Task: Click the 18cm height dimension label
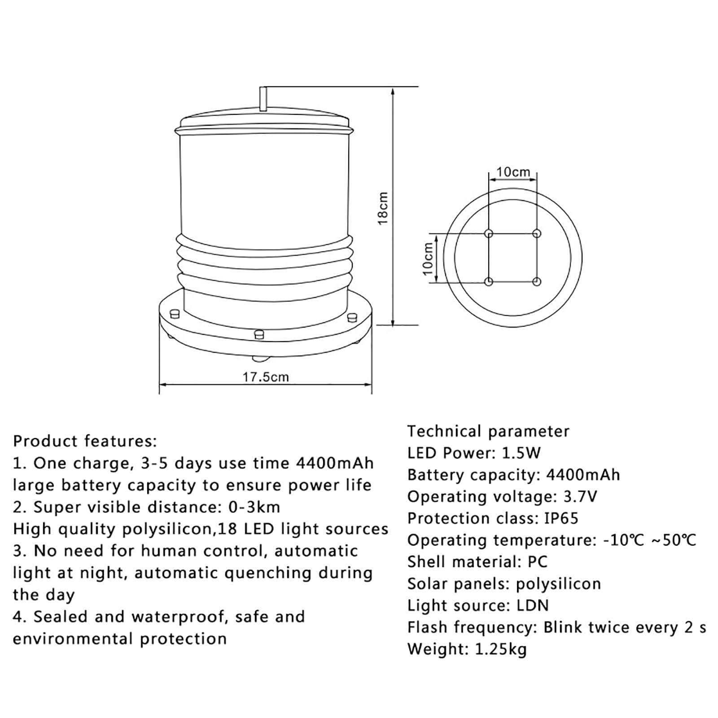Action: point(382,208)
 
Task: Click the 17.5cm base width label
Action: point(266,377)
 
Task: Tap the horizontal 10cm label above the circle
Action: point(513,172)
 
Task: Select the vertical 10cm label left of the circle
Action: point(428,258)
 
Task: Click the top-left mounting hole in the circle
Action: point(489,234)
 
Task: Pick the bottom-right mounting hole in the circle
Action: point(536,282)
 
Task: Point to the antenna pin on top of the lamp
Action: point(263,98)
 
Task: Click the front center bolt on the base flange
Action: point(259,334)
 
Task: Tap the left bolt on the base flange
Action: point(175,313)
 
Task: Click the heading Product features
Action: point(85,441)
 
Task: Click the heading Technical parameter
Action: point(488,432)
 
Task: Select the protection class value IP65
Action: point(561,519)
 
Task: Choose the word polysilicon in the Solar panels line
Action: point(558,584)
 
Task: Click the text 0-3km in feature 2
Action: point(254,508)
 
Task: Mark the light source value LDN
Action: point(533,606)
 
